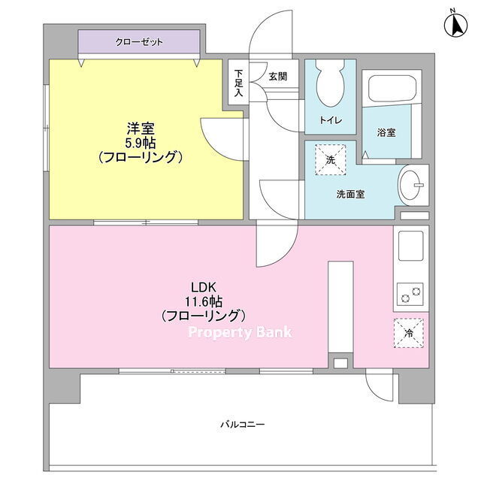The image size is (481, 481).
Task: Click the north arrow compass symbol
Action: (456, 24)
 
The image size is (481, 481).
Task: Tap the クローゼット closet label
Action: (139, 42)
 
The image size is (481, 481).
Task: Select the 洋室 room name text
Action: (141, 129)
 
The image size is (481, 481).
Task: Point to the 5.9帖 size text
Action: (141, 143)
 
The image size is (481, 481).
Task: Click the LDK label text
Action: (204, 288)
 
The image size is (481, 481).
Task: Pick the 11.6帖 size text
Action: (204, 302)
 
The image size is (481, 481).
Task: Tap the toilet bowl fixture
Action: (330, 82)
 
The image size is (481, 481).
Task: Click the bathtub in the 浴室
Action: (392, 89)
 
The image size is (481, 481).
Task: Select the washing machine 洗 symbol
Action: (331, 160)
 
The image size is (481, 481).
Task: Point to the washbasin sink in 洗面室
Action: (410, 185)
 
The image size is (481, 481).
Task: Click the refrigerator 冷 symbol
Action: (409, 333)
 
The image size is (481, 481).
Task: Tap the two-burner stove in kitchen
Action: (410, 294)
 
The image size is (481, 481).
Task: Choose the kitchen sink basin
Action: (411, 246)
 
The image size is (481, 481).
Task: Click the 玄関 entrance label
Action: (278, 77)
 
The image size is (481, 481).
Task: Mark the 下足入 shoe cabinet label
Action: (238, 83)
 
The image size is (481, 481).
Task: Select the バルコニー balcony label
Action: (242, 425)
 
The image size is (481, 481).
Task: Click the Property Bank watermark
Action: (240, 332)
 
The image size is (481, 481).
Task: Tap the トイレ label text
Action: (331, 120)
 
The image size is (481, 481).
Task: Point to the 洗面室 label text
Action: (350, 194)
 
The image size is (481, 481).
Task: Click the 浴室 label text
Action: (386, 132)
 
